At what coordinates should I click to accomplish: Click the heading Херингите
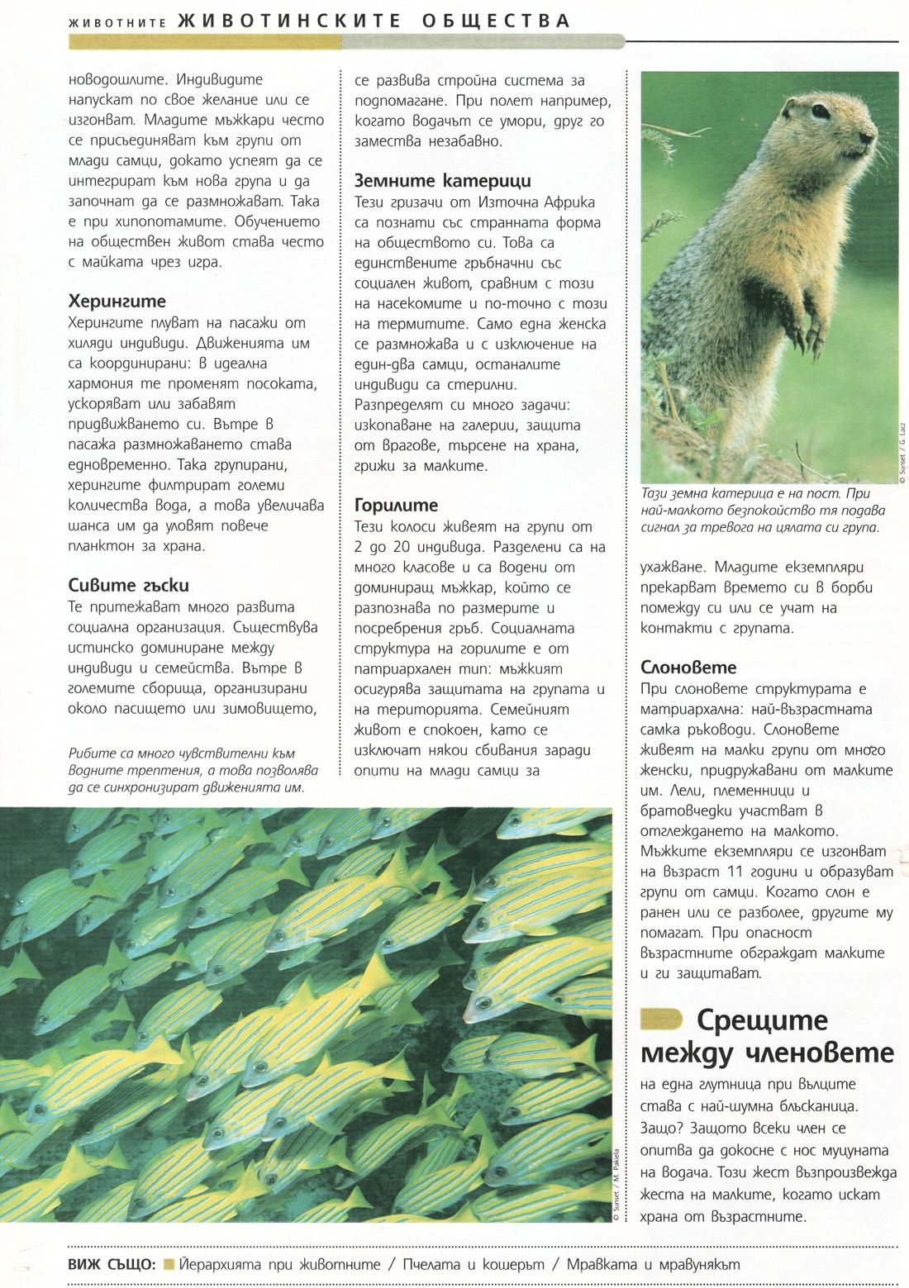click(x=117, y=302)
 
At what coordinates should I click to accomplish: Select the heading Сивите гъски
click(x=128, y=586)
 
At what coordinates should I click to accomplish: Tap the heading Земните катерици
click(x=442, y=181)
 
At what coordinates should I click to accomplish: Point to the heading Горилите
click(x=396, y=506)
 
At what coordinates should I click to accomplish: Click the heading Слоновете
click(x=688, y=668)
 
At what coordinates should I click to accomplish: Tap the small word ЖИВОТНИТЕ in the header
click(x=117, y=22)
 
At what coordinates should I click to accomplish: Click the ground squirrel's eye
click(x=820, y=111)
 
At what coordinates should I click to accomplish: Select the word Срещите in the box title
click(x=761, y=1020)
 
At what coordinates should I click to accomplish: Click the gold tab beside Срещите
click(x=661, y=1019)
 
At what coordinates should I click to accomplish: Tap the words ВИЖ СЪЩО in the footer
click(x=112, y=1265)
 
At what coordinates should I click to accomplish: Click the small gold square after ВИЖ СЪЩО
click(x=169, y=1264)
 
